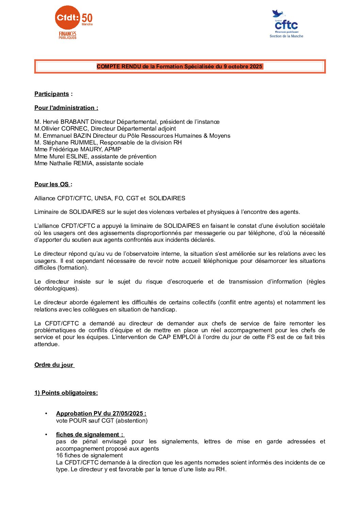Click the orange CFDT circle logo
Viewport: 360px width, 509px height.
tap(67, 17)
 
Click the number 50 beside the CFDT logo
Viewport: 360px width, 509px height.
tap(87, 18)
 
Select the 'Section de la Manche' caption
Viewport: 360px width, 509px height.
tap(286, 36)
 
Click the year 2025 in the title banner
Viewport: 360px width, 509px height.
tap(256, 67)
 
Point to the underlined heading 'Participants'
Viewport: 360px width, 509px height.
tap(52, 94)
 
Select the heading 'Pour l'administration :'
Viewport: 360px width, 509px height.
tap(66, 108)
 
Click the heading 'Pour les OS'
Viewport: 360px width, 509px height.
tap(52, 184)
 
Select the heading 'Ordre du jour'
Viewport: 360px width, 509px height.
tap(54, 365)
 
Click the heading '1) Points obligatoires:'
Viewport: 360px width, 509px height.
tap(66, 393)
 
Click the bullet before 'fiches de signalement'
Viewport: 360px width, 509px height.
tap(46, 435)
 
